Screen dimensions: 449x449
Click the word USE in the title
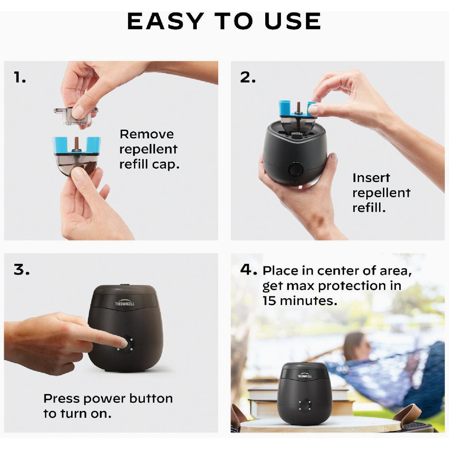click(x=293, y=21)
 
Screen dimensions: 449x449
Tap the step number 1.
click(x=20, y=78)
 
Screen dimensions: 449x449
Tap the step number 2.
click(x=247, y=77)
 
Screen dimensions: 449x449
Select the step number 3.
click(x=21, y=269)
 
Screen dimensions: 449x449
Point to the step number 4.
click(x=247, y=269)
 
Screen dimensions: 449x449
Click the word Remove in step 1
click(x=147, y=134)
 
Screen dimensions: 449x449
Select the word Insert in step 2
click(x=371, y=178)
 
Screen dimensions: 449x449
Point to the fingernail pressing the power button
click(x=123, y=343)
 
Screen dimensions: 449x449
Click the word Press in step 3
click(x=61, y=399)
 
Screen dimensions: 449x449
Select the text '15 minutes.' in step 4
click(x=299, y=301)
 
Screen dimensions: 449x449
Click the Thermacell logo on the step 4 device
click(x=305, y=375)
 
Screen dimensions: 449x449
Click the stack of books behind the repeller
click(x=262, y=400)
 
